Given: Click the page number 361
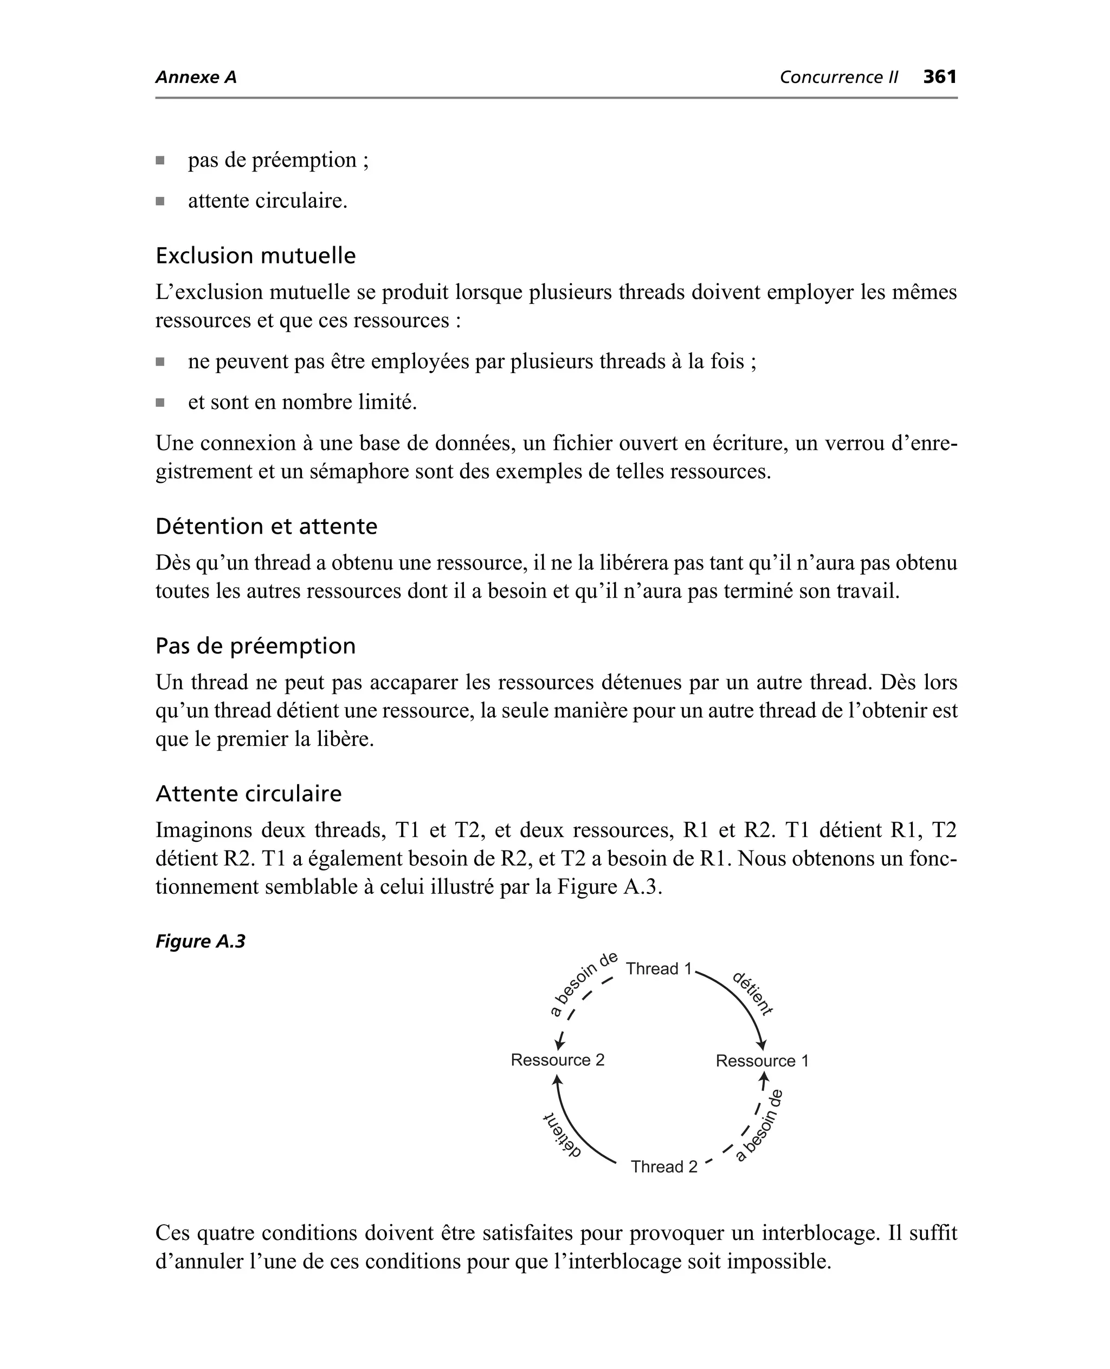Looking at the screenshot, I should (939, 77).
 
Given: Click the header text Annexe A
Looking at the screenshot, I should (196, 78).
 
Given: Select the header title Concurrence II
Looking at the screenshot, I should (838, 78).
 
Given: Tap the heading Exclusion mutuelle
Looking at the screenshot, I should (255, 255).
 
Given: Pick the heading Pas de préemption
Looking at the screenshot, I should (255, 645).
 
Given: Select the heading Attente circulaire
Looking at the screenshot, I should (248, 794).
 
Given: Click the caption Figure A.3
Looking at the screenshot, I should (200, 941).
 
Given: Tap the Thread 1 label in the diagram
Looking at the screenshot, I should (659, 969).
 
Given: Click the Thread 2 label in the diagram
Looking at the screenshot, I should (664, 1167).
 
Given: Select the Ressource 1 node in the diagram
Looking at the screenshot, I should (762, 1061).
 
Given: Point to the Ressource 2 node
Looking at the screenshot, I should (558, 1060).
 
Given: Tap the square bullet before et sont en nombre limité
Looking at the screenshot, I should (160, 402).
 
